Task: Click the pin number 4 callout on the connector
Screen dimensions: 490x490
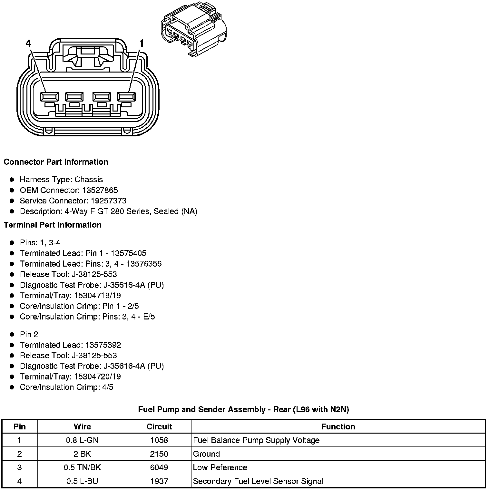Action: coord(28,43)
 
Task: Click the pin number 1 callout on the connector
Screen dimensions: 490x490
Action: coord(141,43)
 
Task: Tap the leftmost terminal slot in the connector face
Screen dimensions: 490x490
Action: coord(49,97)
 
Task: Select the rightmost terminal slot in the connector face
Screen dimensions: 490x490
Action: coord(126,97)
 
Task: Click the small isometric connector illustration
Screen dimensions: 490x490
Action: coord(193,30)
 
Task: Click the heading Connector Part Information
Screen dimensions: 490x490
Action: coord(56,162)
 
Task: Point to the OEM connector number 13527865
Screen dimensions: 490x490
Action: coord(100,190)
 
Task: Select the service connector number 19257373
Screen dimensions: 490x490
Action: coord(108,201)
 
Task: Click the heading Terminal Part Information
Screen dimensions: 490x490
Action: coord(53,225)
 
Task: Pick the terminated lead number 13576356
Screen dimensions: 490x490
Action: coord(144,264)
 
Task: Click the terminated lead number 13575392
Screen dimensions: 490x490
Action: coord(103,345)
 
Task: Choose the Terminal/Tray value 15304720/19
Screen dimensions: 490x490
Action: coord(98,377)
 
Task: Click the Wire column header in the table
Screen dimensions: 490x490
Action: coord(82,426)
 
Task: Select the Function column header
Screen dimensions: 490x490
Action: coord(338,426)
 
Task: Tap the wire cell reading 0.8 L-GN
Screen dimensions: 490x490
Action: coord(82,440)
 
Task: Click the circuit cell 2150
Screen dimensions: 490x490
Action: coord(159,454)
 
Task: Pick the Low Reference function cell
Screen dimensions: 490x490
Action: coord(220,467)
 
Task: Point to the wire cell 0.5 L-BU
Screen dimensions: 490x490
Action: coord(82,481)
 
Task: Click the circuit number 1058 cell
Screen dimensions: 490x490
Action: coord(159,440)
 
